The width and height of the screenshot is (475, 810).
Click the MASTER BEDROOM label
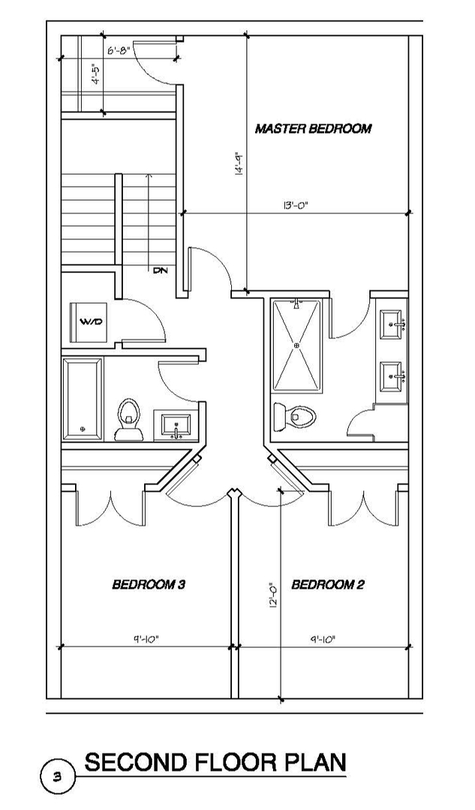pyautogui.click(x=313, y=128)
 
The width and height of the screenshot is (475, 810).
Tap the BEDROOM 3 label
pyautogui.click(x=149, y=584)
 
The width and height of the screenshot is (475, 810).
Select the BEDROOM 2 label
pyautogui.click(x=328, y=584)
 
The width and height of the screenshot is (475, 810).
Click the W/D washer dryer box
pyautogui.click(x=89, y=321)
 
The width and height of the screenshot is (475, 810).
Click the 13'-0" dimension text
pyautogui.click(x=296, y=205)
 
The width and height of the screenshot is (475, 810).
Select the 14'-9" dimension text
pyautogui.click(x=239, y=165)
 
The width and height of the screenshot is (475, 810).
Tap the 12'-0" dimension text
pyautogui.click(x=273, y=595)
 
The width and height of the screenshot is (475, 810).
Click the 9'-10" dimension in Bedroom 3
pyautogui.click(x=146, y=639)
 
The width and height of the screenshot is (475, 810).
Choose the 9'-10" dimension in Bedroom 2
pyautogui.click(x=323, y=639)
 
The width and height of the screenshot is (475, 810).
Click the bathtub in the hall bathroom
pyautogui.click(x=83, y=398)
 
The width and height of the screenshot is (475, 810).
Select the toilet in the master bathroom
pyautogui.click(x=294, y=415)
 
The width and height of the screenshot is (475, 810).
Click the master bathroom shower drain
pyautogui.click(x=296, y=344)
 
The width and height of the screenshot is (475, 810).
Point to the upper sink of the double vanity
pyautogui.click(x=391, y=325)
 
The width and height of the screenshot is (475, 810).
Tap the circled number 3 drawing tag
pyautogui.click(x=58, y=775)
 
